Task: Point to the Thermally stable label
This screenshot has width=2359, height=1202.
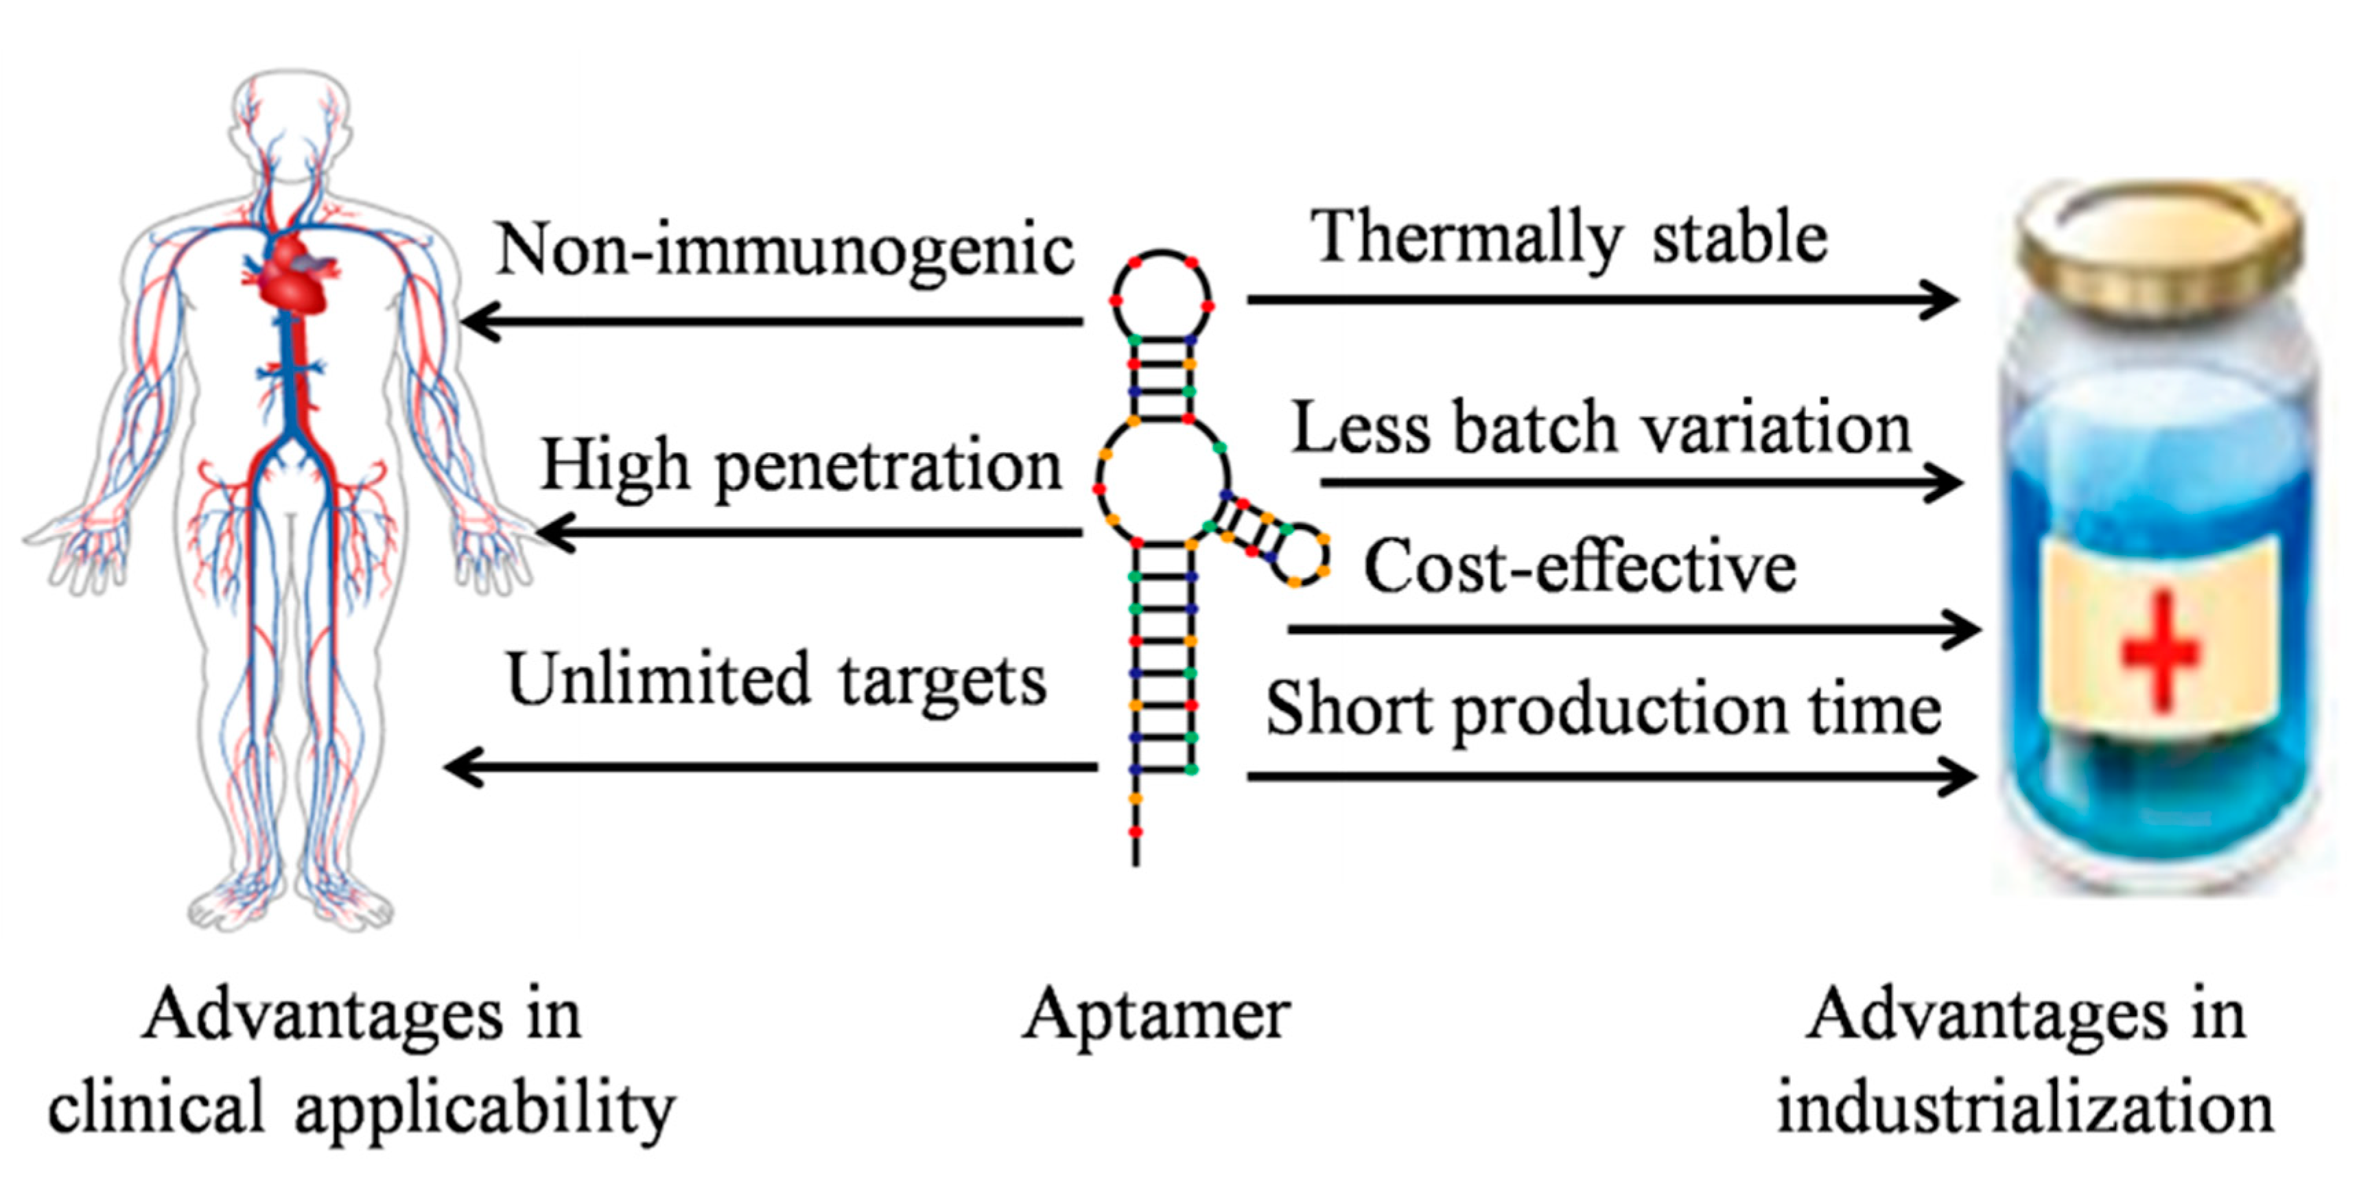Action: (x=1569, y=238)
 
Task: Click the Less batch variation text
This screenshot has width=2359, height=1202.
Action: (x=1601, y=428)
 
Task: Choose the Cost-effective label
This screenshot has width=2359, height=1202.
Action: (x=1580, y=567)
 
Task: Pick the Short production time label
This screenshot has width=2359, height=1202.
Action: (x=1603, y=710)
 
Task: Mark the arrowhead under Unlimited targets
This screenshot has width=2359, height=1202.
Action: (x=462, y=767)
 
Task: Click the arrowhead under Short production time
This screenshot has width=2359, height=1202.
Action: (x=1958, y=777)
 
